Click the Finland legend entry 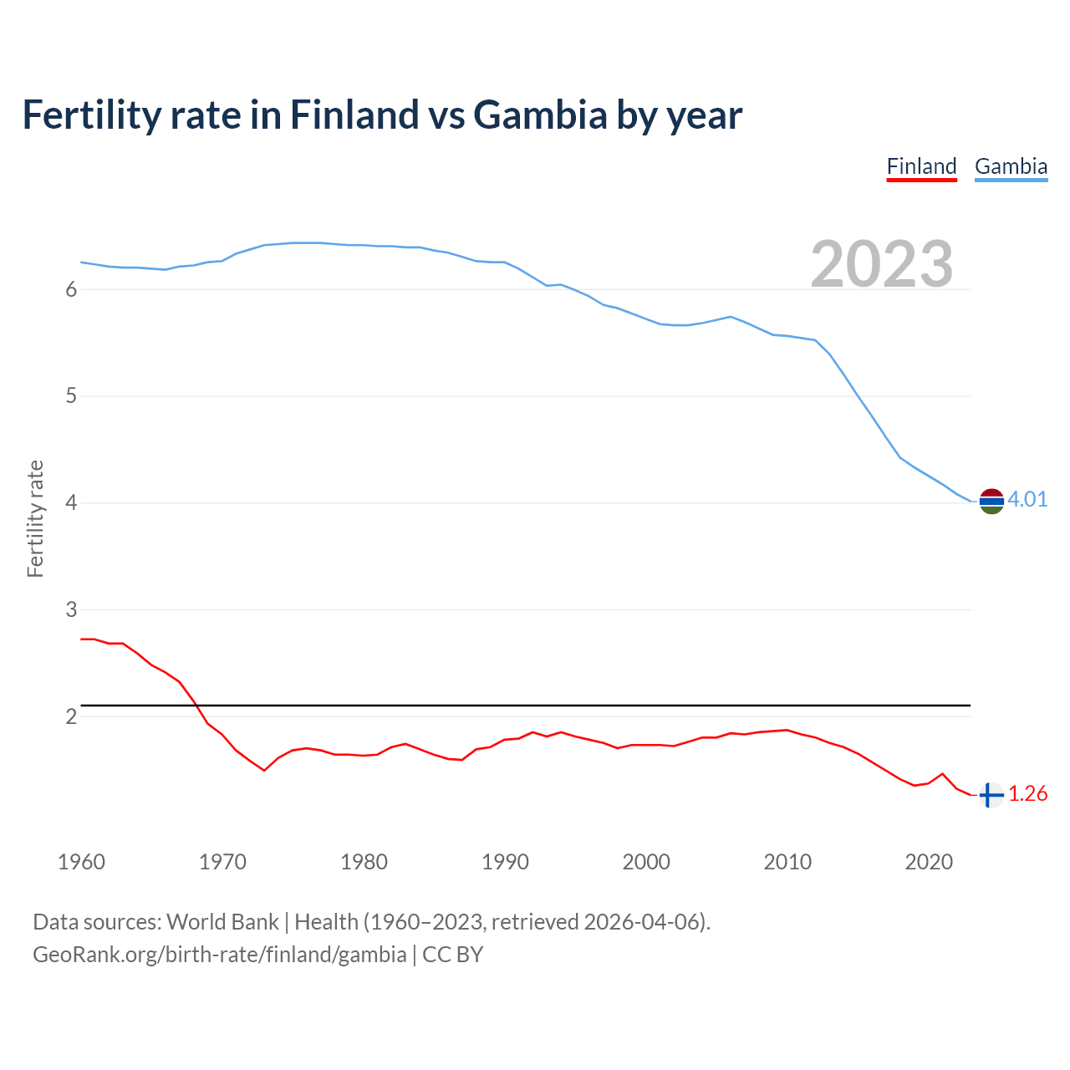tap(921, 166)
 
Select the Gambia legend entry tap(1011, 166)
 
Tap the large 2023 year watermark tap(882, 264)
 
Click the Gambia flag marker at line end tap(991, 501)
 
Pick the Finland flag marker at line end tap(991, 795)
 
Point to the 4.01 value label tap(1027, 500)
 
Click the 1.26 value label tap(1027, 794)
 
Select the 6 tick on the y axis tap(71, 289)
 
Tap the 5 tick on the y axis tap(71, 395)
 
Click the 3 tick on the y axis tap(71, 609)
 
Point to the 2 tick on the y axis tap(71, 716)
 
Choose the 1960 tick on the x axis tap(81, 862)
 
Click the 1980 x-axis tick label tap(364, 862)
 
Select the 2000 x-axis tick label tap(646, 862)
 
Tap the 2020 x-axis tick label tap(929, 862)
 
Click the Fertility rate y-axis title tap(35, 518)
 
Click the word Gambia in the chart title tap(540, 115)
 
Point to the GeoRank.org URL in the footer tap(219, 955)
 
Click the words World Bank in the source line tap(222, 922)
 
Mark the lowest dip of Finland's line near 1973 tap(264, 770)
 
